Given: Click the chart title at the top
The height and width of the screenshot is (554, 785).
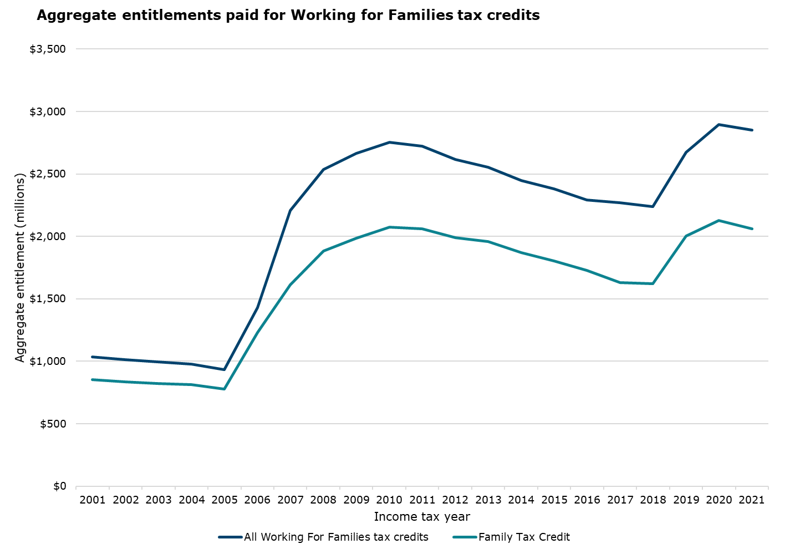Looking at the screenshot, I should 288,16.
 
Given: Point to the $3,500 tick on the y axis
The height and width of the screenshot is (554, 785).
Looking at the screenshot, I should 48,49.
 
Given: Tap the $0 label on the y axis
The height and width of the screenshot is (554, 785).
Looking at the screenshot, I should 59,486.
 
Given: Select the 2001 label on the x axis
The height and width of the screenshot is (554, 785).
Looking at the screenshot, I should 93,500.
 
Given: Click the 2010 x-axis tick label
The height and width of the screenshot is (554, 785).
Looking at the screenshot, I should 389,500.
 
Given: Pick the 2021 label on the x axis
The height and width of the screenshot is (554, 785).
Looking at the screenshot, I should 752,500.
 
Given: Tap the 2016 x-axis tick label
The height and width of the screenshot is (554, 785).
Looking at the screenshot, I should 587,500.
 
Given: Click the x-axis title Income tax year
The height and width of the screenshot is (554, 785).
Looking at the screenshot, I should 422,517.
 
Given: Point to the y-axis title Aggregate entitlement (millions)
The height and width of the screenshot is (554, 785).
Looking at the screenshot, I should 21,268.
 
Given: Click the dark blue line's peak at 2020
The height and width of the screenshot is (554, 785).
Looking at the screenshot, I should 719,125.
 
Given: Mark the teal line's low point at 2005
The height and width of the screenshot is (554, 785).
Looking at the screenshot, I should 225,389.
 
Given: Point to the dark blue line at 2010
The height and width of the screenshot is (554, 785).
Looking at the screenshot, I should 389,143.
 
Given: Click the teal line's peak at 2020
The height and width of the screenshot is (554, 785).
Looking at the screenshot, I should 719,221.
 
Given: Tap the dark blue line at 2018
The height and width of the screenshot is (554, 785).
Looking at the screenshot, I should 653,207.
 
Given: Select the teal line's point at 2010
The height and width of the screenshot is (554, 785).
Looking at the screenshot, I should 389,227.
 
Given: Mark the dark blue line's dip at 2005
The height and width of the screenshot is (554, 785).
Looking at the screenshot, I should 225,369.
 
